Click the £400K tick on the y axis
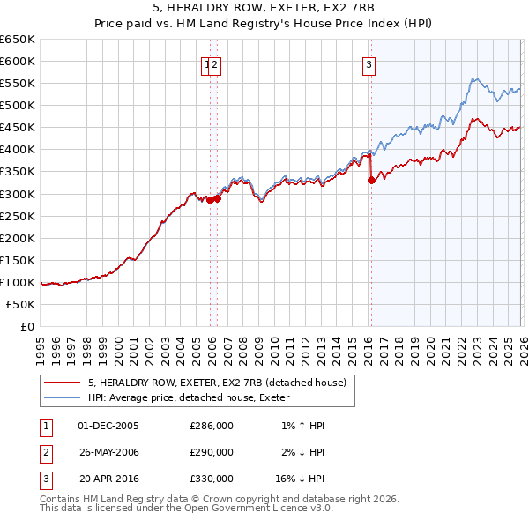[x=18, y=149]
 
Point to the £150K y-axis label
[x=18, y=260]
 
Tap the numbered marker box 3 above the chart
[x=368, y=63]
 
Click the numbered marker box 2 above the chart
[x=215, y=63]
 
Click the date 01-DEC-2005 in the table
[x=108, y=426]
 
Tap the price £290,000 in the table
[x=212, y=452]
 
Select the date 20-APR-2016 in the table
[x=108, y=479]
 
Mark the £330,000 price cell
[x=212, y=479]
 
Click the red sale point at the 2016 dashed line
[x=371, y=180]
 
